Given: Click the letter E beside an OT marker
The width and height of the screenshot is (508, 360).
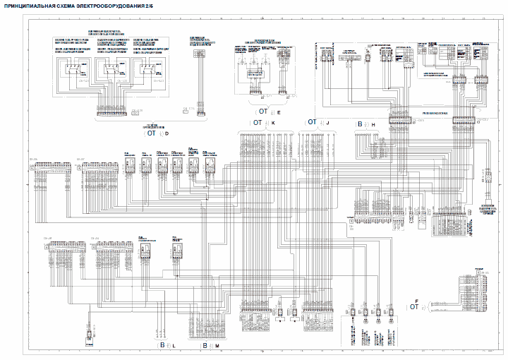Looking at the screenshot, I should (x=279, y=112).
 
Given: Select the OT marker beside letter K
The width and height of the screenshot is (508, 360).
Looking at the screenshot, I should (x=257, y=122).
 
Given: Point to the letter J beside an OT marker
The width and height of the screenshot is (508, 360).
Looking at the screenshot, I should (x=327, y=122).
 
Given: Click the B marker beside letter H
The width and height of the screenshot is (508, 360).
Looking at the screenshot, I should (x=360, y=124).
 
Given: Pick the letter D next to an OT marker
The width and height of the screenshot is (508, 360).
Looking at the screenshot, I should (x=167, y=133).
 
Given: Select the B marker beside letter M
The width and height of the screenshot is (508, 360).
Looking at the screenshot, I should (x=205, y=345).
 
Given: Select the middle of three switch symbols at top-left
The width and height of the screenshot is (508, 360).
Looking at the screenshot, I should (x=110, y=70).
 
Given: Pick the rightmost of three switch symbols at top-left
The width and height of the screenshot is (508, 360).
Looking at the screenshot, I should (x=147, y=70).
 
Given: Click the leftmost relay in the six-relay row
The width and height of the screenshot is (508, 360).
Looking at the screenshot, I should (x=130, y=165).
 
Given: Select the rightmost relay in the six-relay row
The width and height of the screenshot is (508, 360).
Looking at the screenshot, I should (x=209, y=165).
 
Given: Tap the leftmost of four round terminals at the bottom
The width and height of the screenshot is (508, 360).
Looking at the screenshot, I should (x=351, y=313).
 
